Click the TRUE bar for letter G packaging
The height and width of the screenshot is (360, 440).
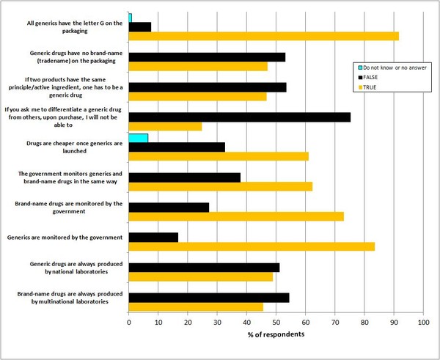pos(264,36)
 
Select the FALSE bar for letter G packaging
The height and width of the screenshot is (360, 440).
pos(140,26)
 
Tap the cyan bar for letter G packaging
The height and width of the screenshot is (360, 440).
pos(131,17)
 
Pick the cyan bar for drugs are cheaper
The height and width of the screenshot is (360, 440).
pos(139,137)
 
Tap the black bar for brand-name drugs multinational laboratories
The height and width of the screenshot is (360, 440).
pos(209,297)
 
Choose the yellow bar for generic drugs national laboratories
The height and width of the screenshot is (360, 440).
pos(201,276)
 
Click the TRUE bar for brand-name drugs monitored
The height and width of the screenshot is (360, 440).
pos(236,216)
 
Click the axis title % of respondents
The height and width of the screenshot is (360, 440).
pos(276,334)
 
